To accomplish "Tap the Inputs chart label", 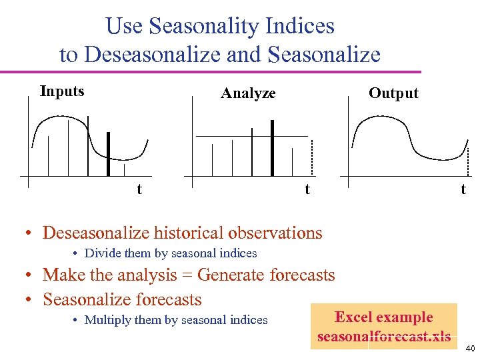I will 62,91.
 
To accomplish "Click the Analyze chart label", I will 248,93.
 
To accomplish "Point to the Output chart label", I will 393,93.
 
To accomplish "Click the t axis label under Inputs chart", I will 139,189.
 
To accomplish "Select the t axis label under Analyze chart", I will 307,189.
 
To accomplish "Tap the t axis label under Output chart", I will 463,189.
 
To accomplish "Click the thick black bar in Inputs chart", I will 109,153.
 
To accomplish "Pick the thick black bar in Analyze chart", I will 272,147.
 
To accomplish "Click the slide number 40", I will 469,349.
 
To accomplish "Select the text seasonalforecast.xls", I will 384,337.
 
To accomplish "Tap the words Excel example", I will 383,317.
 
